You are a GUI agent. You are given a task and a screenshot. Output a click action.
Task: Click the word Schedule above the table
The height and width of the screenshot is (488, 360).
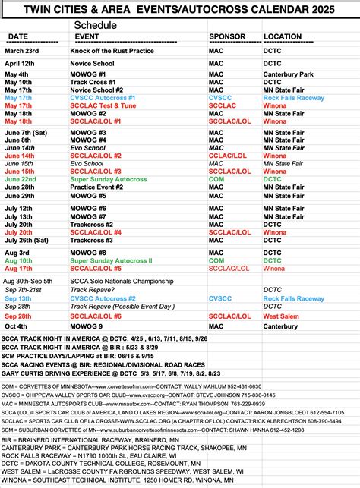(x=96, y=25)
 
